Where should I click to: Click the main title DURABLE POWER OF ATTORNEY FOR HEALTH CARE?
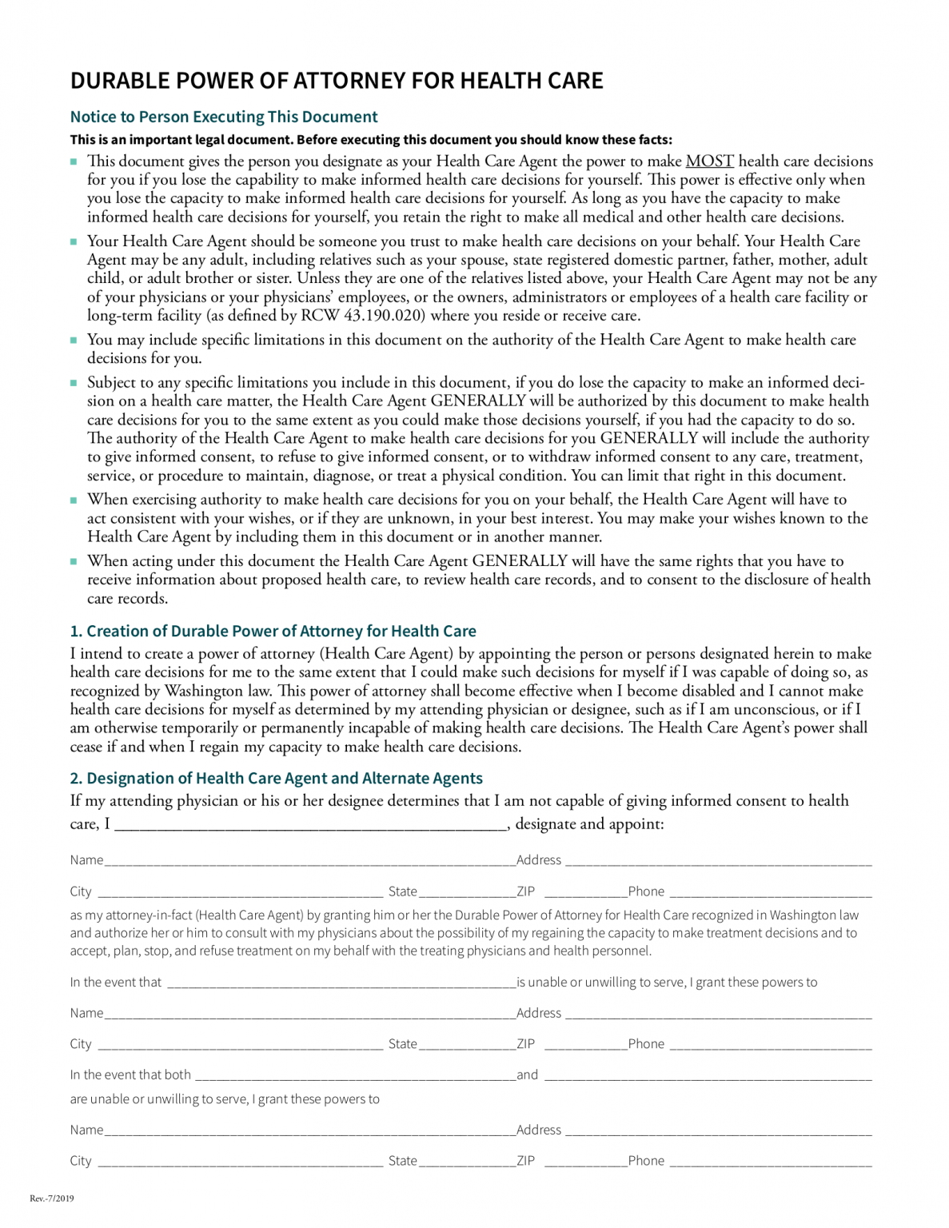(337, 81)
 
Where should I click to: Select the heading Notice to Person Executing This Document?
(224, 117)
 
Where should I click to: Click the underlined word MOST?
(709, 161)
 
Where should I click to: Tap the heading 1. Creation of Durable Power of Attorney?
(273, 631)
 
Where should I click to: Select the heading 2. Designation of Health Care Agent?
(276, 778)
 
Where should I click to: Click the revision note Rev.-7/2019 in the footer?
(51, 1198)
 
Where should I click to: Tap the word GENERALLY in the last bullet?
(520, 561)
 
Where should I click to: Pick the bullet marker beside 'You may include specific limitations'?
(74, 341)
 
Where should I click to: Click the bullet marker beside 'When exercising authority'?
(74, 500)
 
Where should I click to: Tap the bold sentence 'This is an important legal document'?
(371, 139)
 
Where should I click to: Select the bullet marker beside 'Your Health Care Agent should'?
(74, 242)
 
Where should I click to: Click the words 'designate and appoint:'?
(589, 824)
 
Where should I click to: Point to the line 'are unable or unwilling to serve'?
(224, 1099)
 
